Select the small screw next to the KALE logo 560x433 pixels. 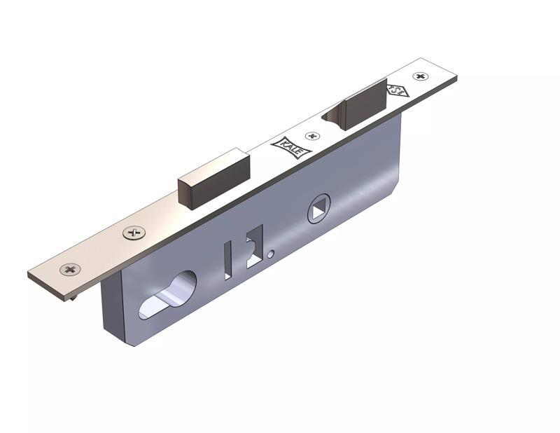coord(313,135)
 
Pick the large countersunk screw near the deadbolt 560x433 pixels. coord(132,233)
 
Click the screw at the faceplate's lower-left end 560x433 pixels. coord(70,269)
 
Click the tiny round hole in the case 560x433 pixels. coord(271,255)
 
